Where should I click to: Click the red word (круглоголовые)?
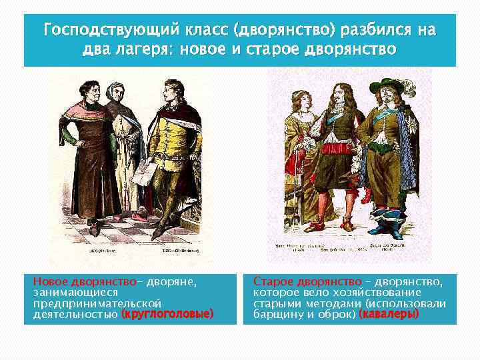(168, 313)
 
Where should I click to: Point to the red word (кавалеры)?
(389, 313)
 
